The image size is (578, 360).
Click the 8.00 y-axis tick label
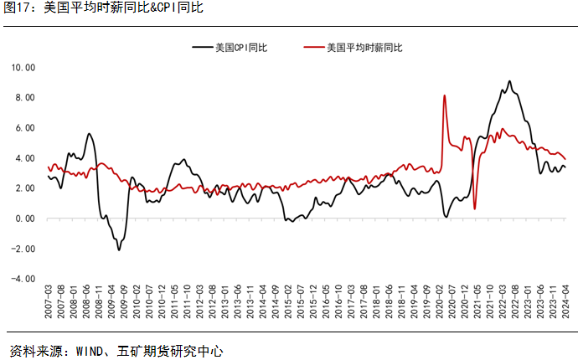[x=24, y=97]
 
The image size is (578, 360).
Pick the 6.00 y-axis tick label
[x=24, y=127]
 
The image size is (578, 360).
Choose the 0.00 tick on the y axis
[x=24, y=219]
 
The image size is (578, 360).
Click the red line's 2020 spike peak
[x=444, y=95]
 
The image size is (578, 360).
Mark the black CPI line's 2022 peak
[x=509, y=81]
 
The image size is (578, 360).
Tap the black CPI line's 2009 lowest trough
[x=119, y=249]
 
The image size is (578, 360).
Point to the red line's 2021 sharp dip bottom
[x=475, y=208]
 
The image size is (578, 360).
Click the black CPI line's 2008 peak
[x=88, y=134]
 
